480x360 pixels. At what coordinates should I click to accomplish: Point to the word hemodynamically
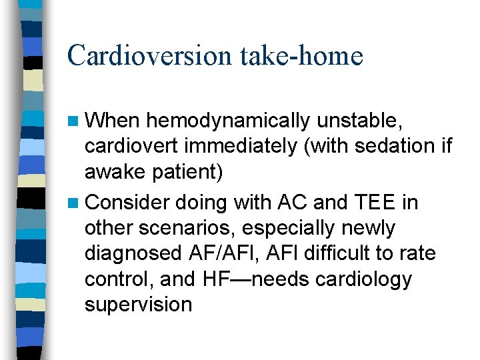[228, 121]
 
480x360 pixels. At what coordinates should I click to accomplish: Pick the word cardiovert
[132, 146]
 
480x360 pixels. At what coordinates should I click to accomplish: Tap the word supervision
[138, 304]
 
